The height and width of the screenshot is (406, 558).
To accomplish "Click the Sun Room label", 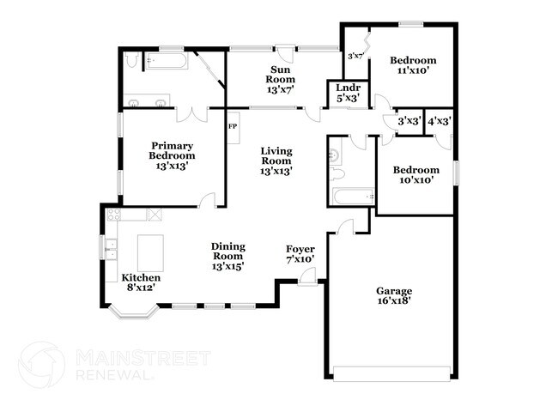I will point(280,78).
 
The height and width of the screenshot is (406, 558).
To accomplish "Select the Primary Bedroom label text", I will point(172,155).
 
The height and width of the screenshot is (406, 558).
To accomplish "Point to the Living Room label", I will point(276,161).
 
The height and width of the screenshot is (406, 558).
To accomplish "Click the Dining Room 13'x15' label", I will point(227,256).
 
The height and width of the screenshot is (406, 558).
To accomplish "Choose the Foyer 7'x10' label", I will point(300,253).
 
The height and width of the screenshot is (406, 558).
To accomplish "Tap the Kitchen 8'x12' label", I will point(140,283).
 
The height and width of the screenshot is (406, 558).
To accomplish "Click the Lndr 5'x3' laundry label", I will point(347,93).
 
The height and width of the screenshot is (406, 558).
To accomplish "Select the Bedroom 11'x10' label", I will point(413,65).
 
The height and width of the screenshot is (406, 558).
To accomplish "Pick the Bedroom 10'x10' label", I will point(416,175).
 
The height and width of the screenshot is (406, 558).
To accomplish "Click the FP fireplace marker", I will point(232,126).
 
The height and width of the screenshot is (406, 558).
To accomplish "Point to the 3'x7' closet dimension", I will point(355,57).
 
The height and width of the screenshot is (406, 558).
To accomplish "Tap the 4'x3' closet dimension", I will point(440,122).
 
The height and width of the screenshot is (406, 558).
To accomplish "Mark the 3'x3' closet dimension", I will point(408,122).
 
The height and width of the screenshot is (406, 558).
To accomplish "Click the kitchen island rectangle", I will point(150,251).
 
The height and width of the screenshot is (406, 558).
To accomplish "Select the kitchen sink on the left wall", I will point(111,250).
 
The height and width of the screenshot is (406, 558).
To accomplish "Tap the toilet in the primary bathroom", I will point(130,60).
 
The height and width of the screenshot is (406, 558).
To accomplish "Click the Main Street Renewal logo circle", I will point(41,364).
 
